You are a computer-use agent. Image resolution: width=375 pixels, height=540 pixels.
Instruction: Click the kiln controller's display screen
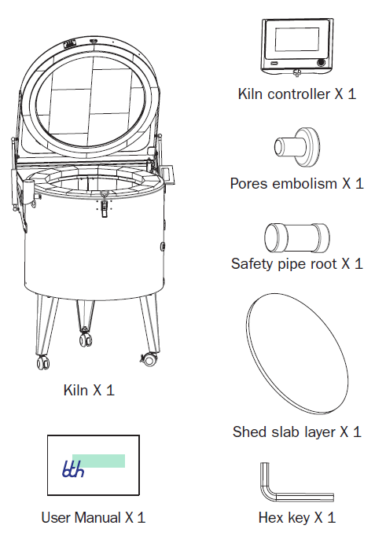click(x=297, y=39)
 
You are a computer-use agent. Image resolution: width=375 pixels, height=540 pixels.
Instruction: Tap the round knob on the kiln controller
click(x=321, y=62)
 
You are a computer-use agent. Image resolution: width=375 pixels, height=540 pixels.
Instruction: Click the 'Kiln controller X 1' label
click(x=297, y=94)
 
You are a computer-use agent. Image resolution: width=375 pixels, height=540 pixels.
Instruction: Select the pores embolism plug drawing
click(x=297, y=147)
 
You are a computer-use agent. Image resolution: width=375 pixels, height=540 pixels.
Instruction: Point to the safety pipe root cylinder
click(x=297, y=238)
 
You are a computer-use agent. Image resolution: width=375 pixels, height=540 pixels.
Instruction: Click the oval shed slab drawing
click(x=297, y=354)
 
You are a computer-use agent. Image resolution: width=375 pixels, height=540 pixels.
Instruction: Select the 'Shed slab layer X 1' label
click(x=297, y=432)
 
